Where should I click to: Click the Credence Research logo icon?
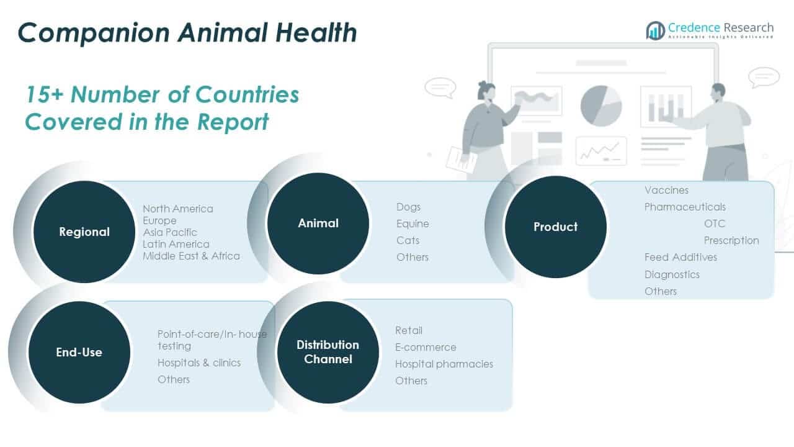coord(656,30)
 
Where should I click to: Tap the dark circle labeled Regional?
coord(84,232)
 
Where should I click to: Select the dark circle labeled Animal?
coord(318,223)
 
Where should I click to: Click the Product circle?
coord(555,227)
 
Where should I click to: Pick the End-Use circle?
coord(79,352)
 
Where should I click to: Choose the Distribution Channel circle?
coord(328,352)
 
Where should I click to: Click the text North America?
coord(178,209)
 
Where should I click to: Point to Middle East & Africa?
coord(192,256)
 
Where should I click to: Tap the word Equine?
coord(413,224)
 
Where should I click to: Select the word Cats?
coord(408,240)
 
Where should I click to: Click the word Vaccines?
coord(666,190)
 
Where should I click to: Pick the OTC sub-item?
coord(715,223)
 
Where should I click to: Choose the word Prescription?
coord(731,240)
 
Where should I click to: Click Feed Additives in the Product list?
coord(680,257)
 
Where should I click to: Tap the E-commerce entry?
coord(426,347)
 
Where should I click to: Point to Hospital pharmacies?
coord(444,364)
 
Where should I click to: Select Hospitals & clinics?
coord(199,363)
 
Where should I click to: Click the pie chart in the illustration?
coord(601,106)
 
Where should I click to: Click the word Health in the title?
coord(316,33)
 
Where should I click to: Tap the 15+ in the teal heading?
coord(45,95)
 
